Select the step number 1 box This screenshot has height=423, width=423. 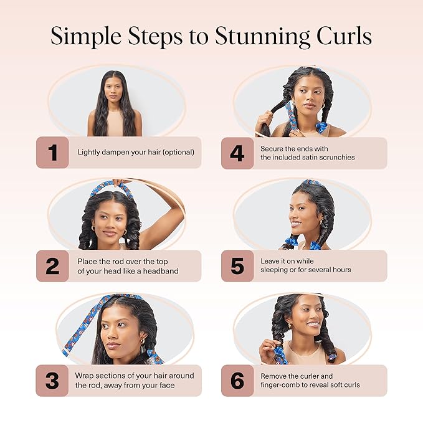(x=52, y=153)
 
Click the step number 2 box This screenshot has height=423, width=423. (x=52, y=266)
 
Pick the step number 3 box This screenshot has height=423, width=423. (x=52, y=381)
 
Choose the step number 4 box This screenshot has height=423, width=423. (x=237, y=153)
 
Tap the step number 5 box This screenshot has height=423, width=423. (x=237, y=266)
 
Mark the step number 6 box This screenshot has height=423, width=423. (x=237, y=381)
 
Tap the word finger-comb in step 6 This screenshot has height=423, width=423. (x=281, y=385)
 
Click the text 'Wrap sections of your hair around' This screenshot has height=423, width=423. (x=134, y=376)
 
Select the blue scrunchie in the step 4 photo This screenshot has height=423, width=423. (x=321, y=128)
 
